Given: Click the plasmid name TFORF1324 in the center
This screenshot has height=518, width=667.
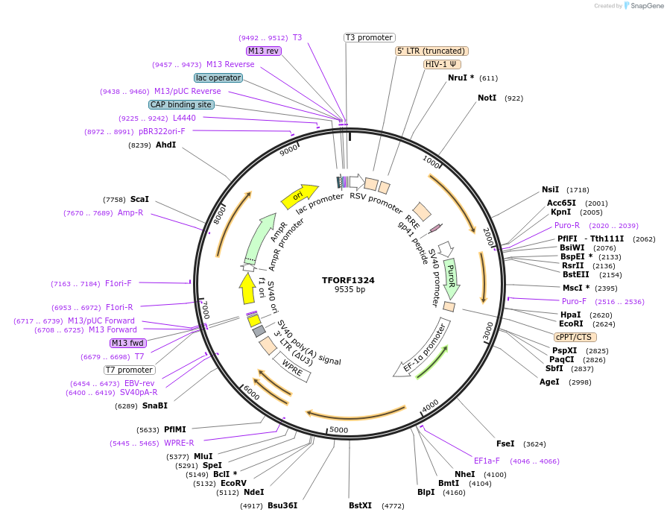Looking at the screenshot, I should click(348, 280).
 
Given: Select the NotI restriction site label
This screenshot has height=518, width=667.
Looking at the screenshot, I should click(487, 98).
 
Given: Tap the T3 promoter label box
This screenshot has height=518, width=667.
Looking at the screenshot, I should click(369, 37).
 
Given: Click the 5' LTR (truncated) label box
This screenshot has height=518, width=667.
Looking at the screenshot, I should click(432, 51).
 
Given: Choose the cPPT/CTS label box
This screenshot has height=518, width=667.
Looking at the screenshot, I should click(573, 337).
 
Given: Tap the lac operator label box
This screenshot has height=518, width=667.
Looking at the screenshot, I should click(218, 78).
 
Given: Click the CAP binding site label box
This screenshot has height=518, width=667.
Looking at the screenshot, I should click(181, 105).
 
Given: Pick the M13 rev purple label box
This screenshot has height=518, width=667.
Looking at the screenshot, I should click(263, 51).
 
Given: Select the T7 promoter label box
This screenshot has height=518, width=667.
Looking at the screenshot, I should click(129, 370).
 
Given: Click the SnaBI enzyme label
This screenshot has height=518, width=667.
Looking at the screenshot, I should click(154, 406).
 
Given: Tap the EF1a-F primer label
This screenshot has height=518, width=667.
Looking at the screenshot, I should click(487, 461).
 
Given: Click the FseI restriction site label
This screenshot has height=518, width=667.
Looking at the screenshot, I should click(505, 443).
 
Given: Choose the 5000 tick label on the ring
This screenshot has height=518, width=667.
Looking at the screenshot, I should click(339, 430).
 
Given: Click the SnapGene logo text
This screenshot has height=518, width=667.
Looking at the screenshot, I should click(645, 6).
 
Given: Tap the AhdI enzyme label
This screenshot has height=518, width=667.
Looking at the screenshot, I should click(165, 145).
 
